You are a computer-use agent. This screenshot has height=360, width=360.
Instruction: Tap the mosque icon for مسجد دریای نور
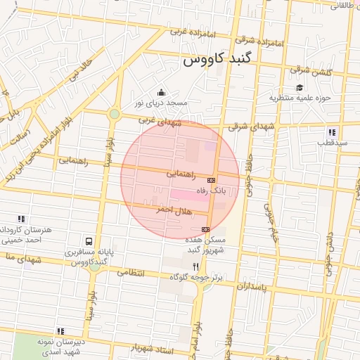(162, 92)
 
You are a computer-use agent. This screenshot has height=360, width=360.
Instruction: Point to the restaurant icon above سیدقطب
(331, 132)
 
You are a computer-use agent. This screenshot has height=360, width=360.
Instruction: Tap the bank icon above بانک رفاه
(211, 180)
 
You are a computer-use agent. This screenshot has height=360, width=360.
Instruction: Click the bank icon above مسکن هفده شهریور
(205, 229)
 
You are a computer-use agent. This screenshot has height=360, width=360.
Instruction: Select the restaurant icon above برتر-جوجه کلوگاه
(195, 266)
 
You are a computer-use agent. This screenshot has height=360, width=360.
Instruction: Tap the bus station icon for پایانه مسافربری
(87, 242)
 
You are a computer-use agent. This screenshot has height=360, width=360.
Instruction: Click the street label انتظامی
(129, 271)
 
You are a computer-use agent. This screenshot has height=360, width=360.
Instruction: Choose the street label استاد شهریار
(152, 347)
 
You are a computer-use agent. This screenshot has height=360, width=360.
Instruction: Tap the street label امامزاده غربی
(169, 31)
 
